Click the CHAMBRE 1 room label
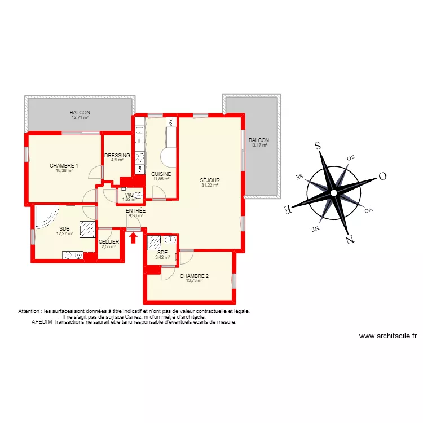click(x=64, y=166)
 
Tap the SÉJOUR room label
click(x=209, y=181)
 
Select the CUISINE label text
click(x=161, y=174)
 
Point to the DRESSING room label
click(x=117, y=156)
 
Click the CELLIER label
click(x=108, y=242)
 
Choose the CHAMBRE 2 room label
click(x=195, y=276)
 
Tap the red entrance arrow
click(x=133, y=238)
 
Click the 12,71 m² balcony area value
click(x=80, y=117)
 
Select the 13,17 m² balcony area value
click(x=259, y=145)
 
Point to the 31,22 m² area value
click(x=209, y=186)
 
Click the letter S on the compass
click(x=318, y=146)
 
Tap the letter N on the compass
click(x=350, y=239)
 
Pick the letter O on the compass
click(x=382, y=176)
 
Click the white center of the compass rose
click(x=334, y=193)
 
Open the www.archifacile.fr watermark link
click(x=388, y=337)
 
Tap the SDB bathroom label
click(x=65, y=228)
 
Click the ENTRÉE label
click(x=135, y=210)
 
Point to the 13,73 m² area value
click(x=195, y=280)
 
